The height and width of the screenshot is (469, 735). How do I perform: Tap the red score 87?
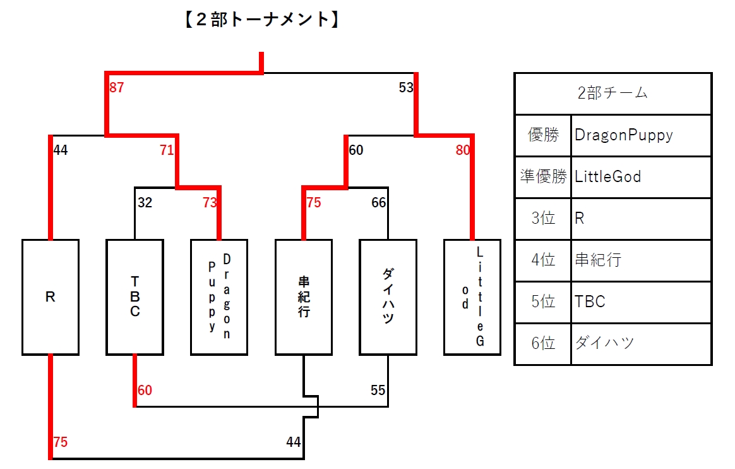click(117, 88)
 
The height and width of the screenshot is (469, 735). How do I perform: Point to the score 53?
click(406, 88)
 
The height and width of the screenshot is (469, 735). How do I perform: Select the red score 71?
click(166, 150)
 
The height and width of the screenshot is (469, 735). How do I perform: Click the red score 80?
click(462, 150)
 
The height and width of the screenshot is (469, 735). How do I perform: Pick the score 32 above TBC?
click(145, 203)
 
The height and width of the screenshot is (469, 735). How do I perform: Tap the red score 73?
click(210, 203)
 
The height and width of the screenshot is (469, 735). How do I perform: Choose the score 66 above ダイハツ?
click(378, 203)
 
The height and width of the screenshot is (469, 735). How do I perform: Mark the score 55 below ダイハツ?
click(378, 391)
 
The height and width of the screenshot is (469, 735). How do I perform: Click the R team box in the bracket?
click(51, 297)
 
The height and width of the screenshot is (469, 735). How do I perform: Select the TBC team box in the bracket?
click(134, 297)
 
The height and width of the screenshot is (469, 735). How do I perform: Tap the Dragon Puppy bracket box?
click(219, 297)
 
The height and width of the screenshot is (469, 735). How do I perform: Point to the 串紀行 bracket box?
click(304, 297)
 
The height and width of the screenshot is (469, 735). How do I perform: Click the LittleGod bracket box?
click(472, 297)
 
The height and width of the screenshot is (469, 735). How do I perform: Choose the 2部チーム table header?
click(612, 94)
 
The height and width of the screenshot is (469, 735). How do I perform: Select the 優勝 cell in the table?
click(543, 135)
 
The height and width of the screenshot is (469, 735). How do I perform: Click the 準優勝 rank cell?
click(543, 177)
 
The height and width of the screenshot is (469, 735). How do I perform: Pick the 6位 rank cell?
click(543, 343)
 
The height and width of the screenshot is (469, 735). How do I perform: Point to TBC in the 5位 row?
click(590, 301)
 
